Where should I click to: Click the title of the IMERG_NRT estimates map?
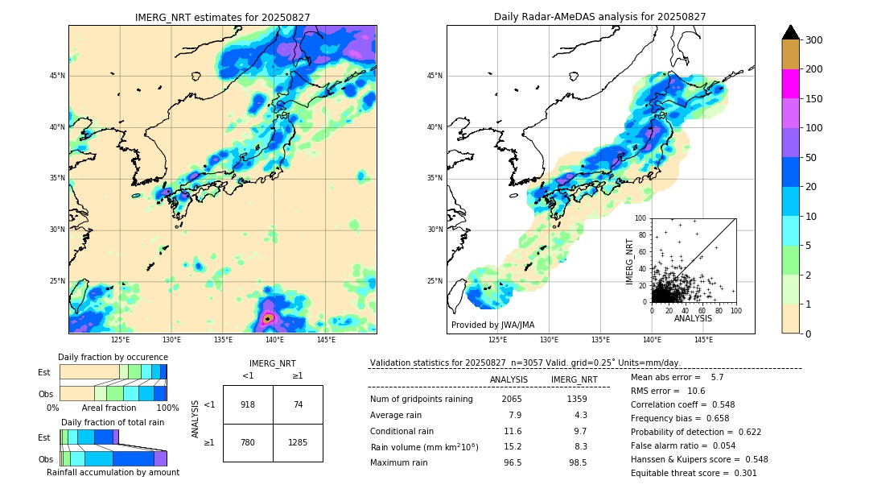point(222,17)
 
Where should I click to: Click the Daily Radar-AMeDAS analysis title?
point(599,17)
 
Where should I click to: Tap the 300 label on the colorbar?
point(813,40)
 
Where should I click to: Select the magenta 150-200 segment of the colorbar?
point(790,84)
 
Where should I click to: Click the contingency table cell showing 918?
point(248,404)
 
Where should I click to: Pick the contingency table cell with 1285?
point(298,442)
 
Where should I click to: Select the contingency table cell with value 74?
point(298,404)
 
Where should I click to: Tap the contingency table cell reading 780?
point(248,442)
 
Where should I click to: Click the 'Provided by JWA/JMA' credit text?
point(492,325)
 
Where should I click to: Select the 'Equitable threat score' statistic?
point(694,473)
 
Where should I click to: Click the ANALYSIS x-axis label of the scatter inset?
point(693,318)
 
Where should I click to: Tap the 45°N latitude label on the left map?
point(57,76)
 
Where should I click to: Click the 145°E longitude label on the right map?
point(703,340)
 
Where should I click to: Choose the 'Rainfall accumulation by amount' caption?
point(113,472)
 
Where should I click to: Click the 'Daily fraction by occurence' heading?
point(113,357)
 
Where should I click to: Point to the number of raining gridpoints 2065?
point(512,399)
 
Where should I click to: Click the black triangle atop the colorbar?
point(790,32)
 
